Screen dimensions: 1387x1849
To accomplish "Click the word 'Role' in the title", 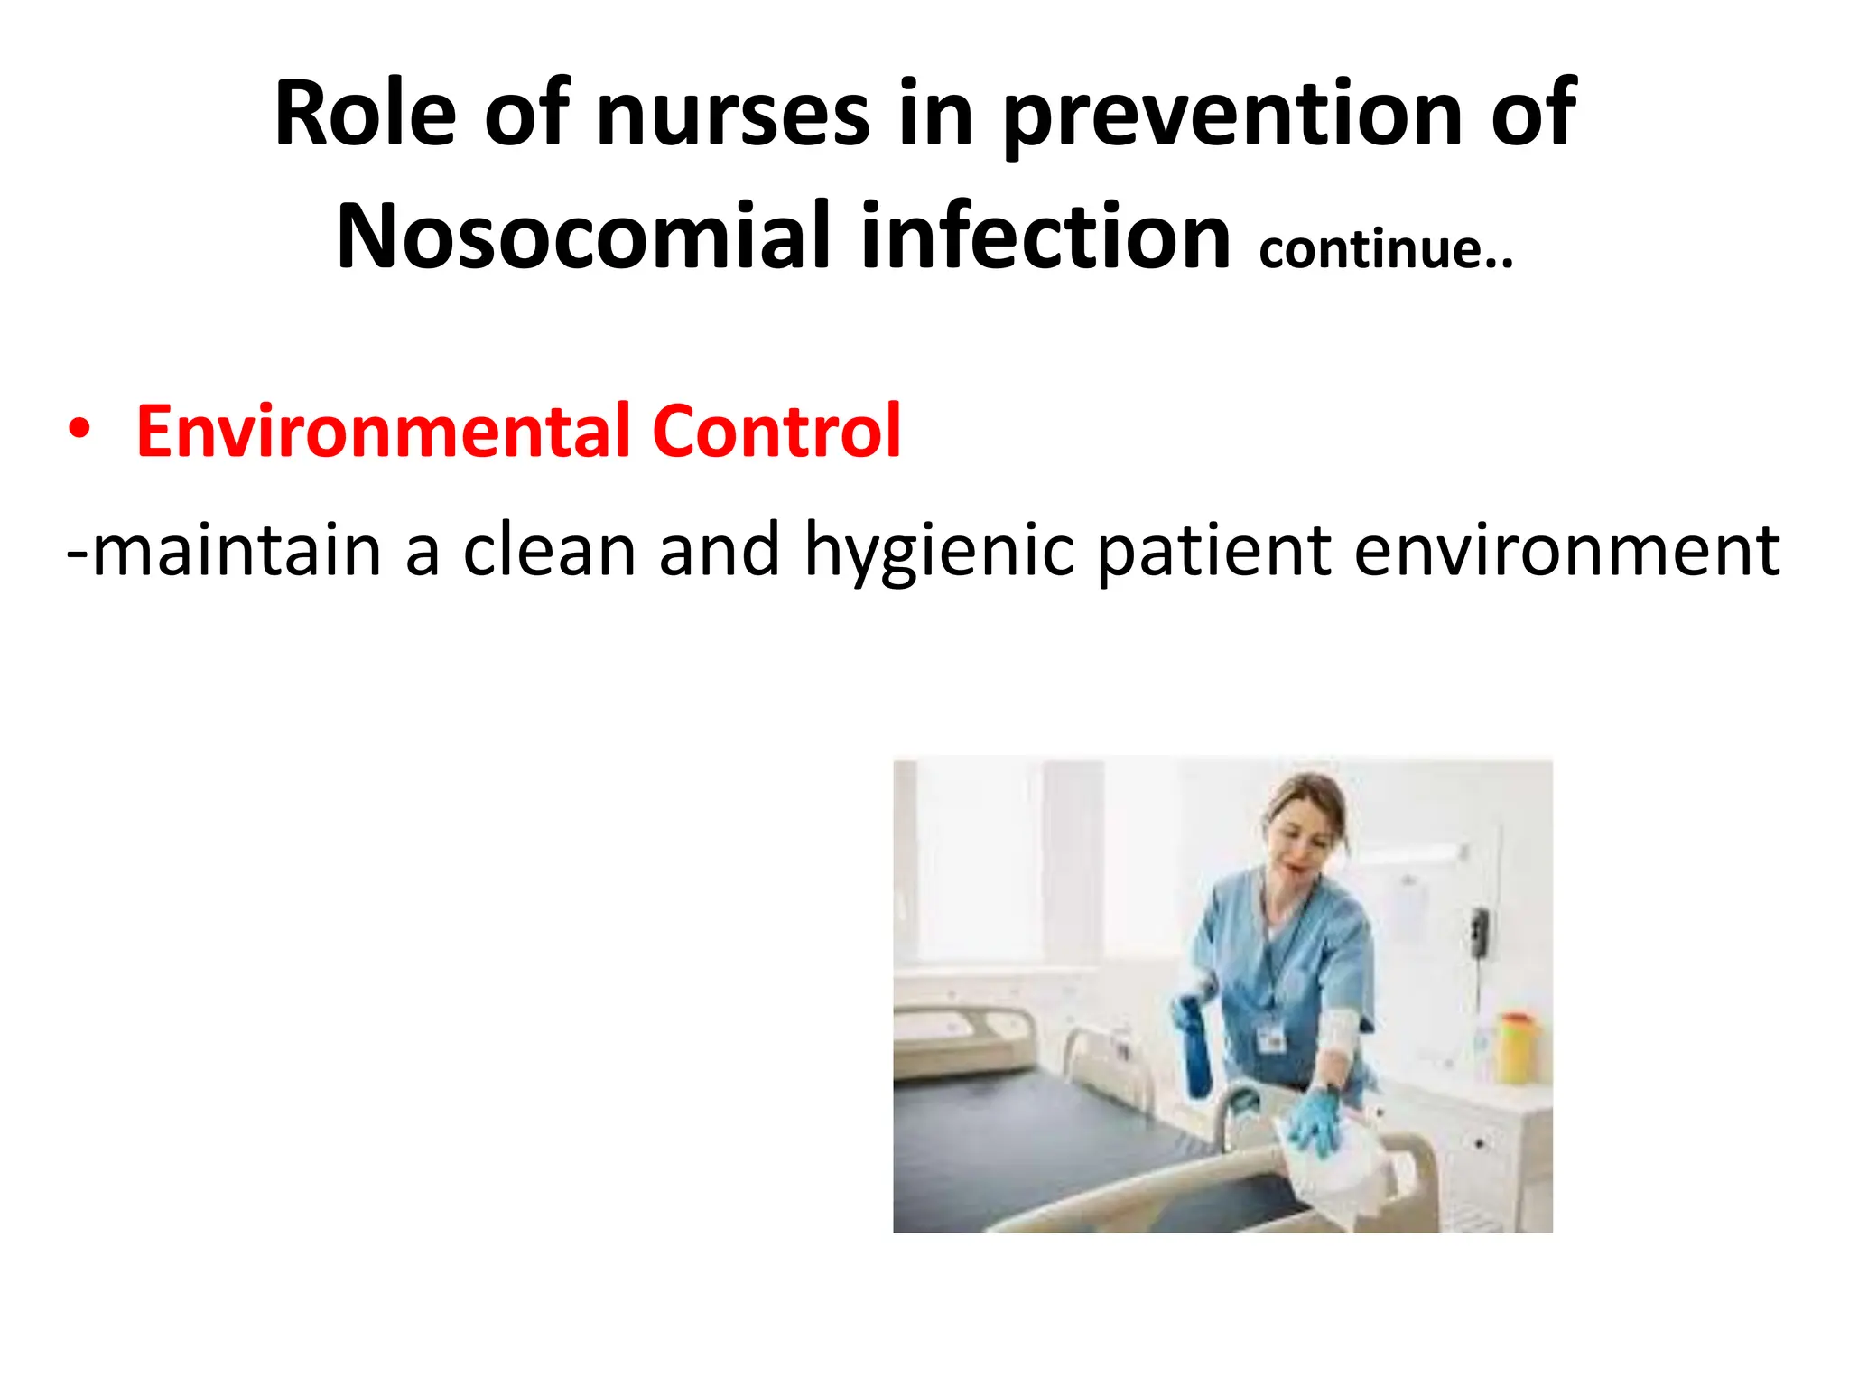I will [365, 114].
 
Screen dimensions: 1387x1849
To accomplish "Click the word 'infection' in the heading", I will [1045, 237].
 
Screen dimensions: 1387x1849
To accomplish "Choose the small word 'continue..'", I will [1385, 249].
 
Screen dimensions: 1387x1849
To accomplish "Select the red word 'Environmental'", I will [383, 431].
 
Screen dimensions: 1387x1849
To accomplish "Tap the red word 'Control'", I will [776, 431].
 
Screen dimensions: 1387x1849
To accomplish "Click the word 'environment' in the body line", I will [1566, 550].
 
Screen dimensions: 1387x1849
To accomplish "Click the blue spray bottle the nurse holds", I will [1194, 1047].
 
